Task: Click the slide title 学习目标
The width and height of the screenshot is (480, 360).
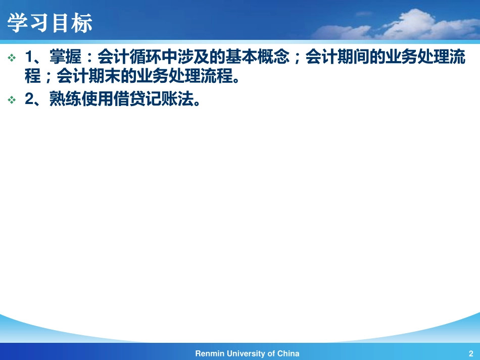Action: pyautogui.click(x=50, y=23)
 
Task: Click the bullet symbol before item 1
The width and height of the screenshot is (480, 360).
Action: pyautogui.click(x=12, y=58)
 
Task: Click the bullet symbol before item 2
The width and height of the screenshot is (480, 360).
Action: pyautogui.click(x=12, y=100)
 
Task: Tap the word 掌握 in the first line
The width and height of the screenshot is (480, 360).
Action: pyautogui.click(x=64, y=58)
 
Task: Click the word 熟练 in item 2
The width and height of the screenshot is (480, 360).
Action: pyautogui.click(x=64, y=99)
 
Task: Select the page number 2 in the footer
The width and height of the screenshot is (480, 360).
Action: pyautogui.click(x=470, y=353)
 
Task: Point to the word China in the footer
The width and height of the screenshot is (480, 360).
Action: pyautogui.click(x=289, y=353)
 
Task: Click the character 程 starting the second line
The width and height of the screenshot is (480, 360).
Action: pyautogui.click(x=32, y=77)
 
